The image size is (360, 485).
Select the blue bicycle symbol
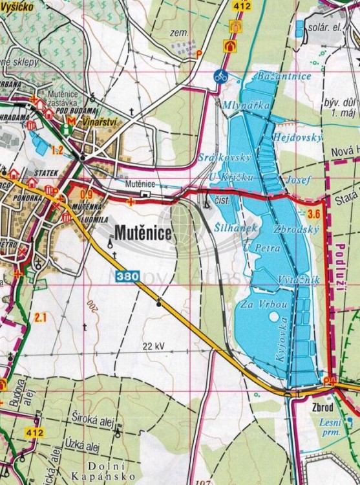pos(221,76)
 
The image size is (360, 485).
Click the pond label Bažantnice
pos(284,76)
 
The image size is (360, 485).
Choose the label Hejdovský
pos(297,137)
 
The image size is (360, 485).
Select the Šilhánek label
pos(236,227)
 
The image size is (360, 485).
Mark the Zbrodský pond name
pos(294,230)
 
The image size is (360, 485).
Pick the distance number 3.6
pos(315,214)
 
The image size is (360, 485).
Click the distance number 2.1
pos(41,317)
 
